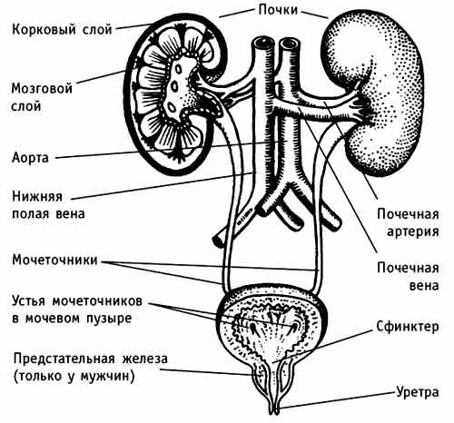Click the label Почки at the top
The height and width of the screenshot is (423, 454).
(x=278, y=10)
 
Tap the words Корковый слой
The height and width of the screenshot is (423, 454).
(x=62, y=30)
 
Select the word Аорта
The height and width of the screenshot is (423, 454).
(x=30, y=158)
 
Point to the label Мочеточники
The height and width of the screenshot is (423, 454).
(x=54, y=260)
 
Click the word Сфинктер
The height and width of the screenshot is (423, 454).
(x=408, y=327)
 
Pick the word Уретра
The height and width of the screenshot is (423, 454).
(x=418, y=392)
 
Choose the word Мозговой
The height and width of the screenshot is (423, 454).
(x=42, y=89)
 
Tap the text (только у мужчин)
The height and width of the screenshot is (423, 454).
(x=74, y=377)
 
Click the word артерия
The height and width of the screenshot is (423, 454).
(x=413, y=231)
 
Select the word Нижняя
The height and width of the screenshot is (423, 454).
(x=37, y=196)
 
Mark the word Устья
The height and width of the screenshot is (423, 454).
(x=28, y=301)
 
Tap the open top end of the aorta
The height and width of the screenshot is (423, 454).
(x=289, y=44)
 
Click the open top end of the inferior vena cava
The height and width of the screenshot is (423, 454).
(x=263, y=44)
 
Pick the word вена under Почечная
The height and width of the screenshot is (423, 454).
(x=424, y=286)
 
